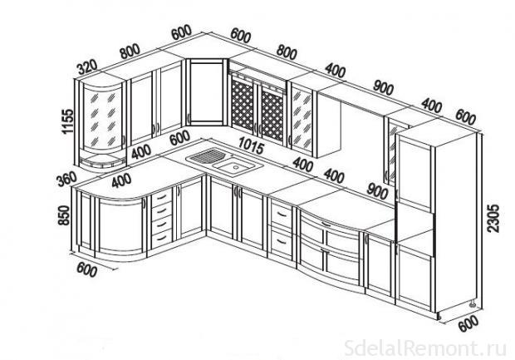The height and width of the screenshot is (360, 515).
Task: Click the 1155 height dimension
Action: click(67, 121)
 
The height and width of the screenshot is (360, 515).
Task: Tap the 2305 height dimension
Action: click(493, 219)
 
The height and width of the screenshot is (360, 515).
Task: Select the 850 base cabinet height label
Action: click(64, 215)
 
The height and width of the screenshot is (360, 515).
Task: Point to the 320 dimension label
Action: click(87, 67)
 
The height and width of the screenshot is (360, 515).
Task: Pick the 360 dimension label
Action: click(66, 180)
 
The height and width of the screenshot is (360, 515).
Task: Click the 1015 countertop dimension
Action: click(251, 145)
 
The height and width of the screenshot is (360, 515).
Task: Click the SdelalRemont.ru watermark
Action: click(425, 348)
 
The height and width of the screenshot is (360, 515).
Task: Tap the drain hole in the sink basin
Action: click(236, 167)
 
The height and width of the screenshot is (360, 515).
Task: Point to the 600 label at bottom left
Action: click(87, 270)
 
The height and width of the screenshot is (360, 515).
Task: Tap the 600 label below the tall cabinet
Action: click(468, 324)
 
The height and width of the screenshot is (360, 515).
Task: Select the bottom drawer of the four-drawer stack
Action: click(162, 239)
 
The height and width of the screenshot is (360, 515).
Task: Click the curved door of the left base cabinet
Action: click(120, 227)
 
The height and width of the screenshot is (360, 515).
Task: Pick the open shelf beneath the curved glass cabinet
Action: click(102, 163)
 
